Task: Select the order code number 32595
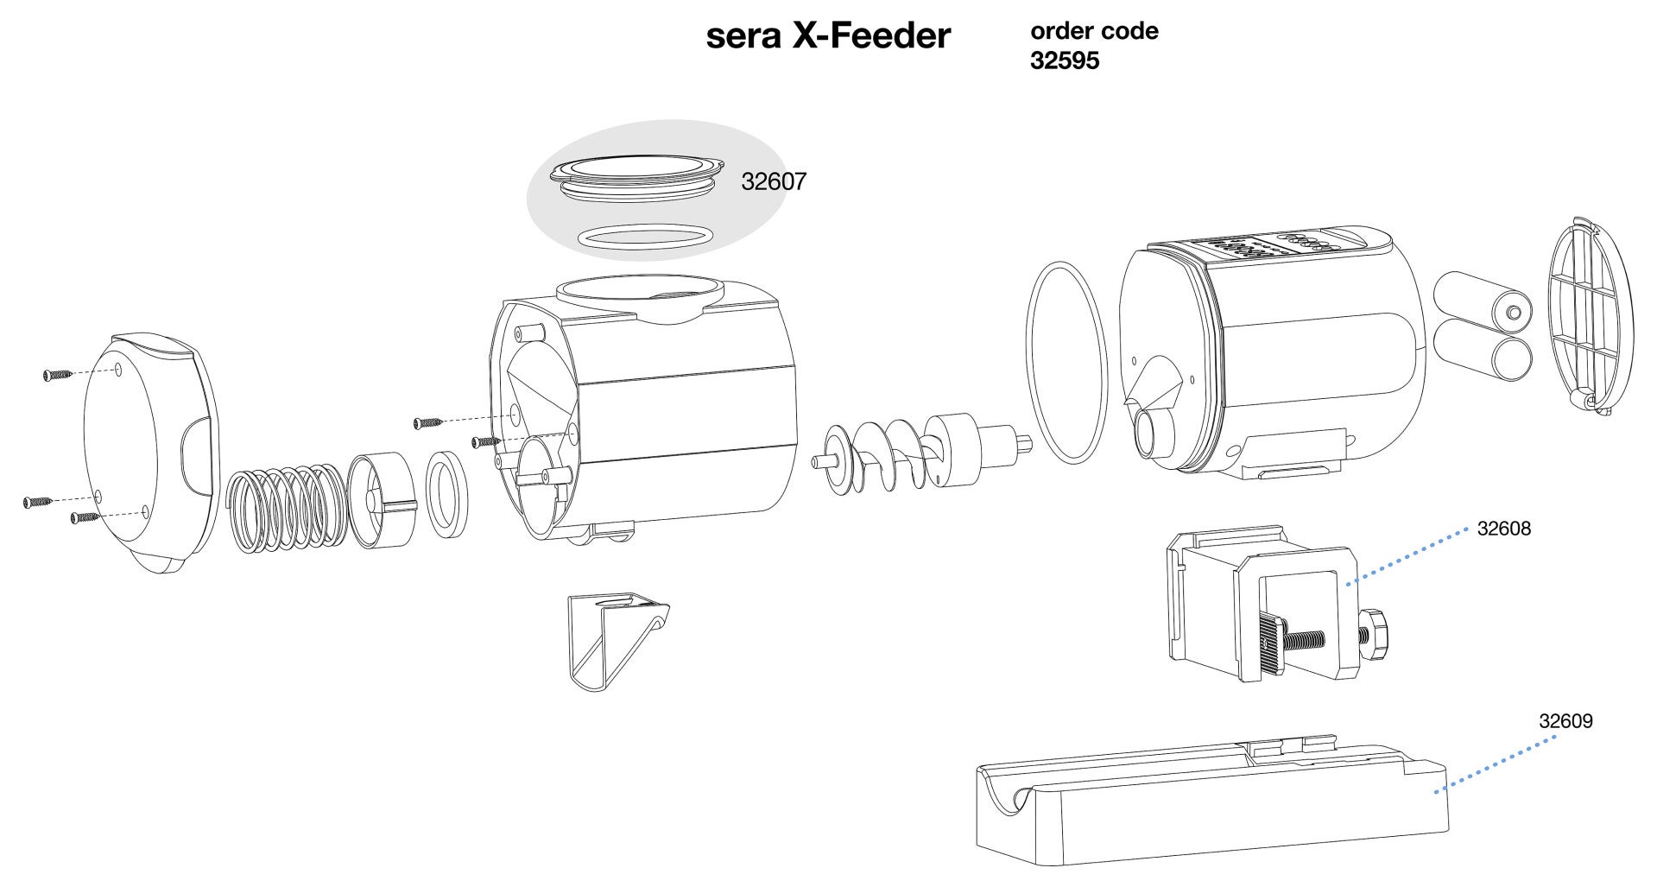(x=1065, y=62)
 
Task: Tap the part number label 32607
(x=774, y=182)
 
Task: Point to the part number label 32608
(x=1503, y=529)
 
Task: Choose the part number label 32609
(x=1565, y=720)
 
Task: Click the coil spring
(x=285, y=506)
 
